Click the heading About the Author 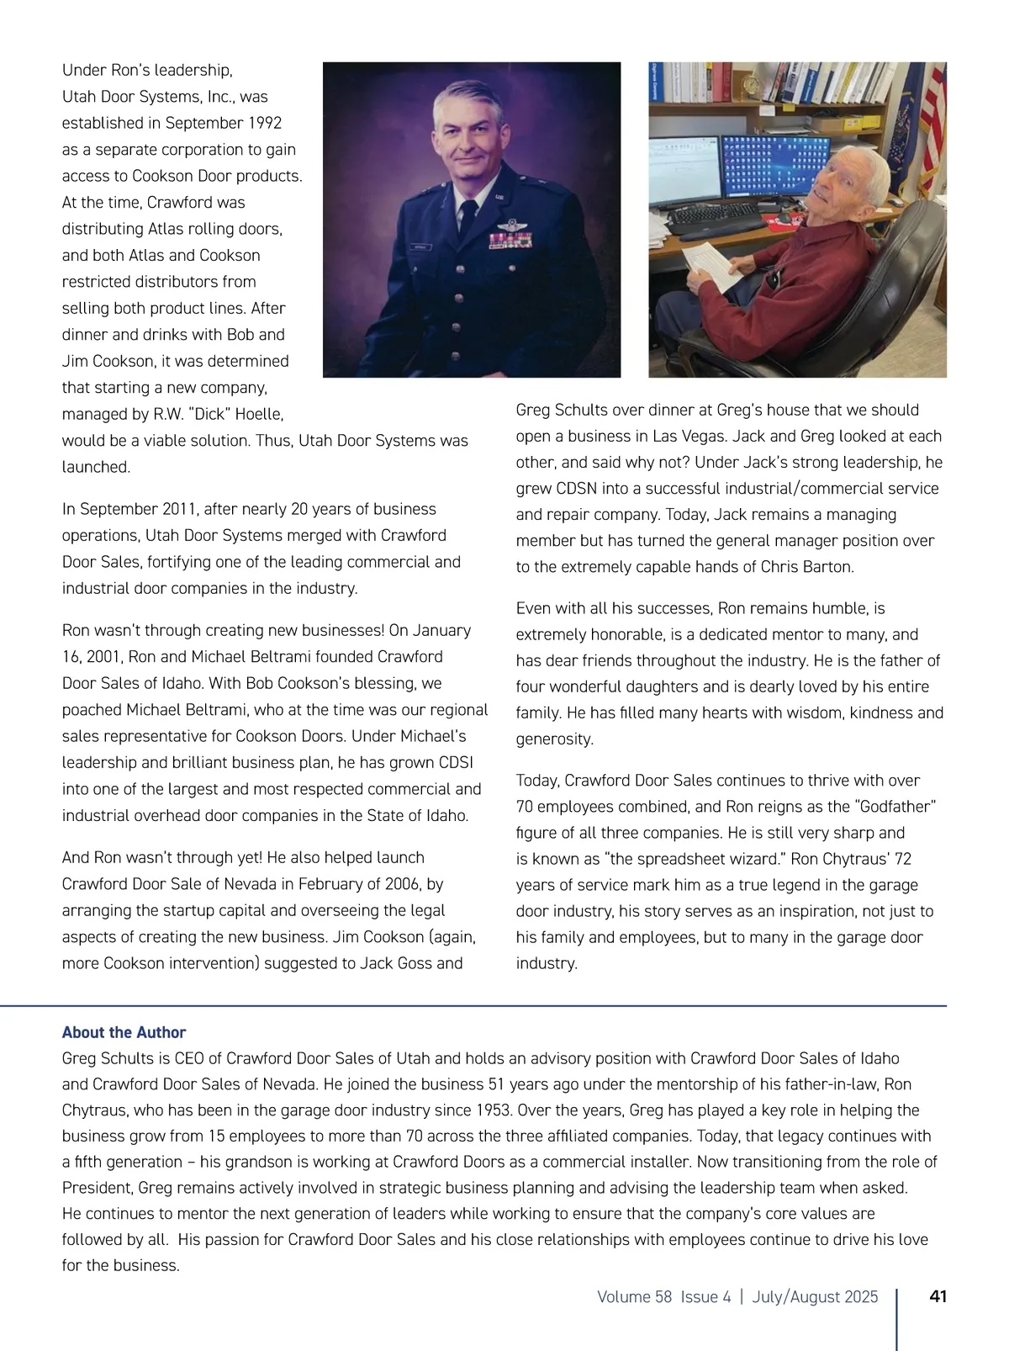(124, 1032)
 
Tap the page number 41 (938, 1296)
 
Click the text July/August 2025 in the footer (815, 1296)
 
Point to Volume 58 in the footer (634, 1296)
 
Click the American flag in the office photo (931, 126)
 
